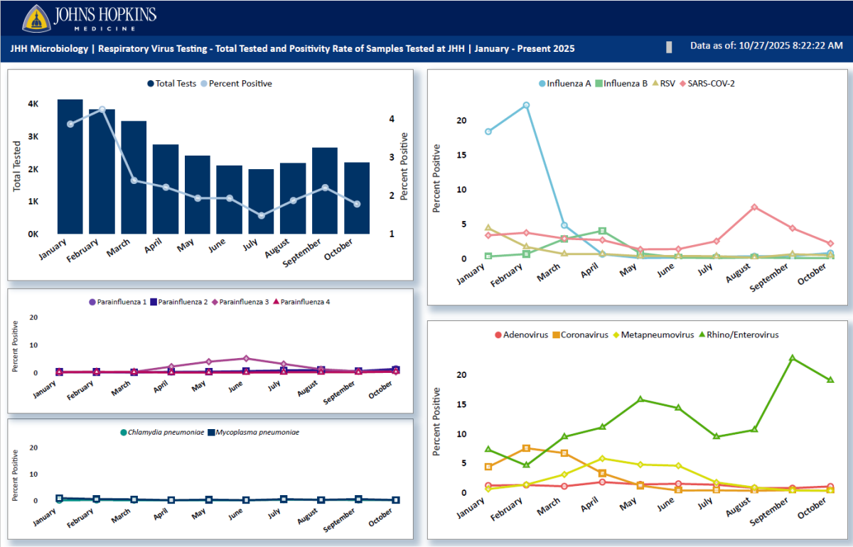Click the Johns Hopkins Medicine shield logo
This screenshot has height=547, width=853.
(35, 18)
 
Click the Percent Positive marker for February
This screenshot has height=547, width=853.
(102, 109)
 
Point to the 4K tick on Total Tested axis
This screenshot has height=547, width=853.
(33, 104)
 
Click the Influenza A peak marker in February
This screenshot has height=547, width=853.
(527, 105)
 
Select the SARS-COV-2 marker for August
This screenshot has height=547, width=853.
(754, 207)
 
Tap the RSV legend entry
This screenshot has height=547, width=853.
(665, 83)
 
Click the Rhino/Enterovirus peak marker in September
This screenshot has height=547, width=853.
(792, 358)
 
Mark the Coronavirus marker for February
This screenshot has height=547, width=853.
(526, 448)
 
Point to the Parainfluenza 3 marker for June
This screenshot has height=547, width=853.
(246, 359)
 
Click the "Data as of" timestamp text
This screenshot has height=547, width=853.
(766, 45)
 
